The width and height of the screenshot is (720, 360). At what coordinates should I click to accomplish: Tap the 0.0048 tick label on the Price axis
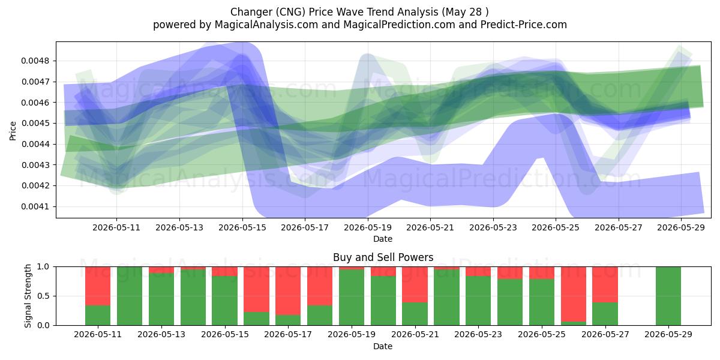pos(35,61)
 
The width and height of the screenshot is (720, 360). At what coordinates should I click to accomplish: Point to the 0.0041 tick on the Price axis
pos(35,206)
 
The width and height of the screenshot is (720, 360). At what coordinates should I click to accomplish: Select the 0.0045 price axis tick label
pos(35,123)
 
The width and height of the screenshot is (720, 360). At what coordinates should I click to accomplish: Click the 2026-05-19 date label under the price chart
pos(368,227)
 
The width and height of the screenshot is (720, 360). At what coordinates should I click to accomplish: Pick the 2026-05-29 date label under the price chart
pos(681,227)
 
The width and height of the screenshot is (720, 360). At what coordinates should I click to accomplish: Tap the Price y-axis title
pos(13,131)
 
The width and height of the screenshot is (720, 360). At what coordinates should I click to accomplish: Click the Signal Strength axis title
pos(28,296)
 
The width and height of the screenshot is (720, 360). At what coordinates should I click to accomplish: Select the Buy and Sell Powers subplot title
pos(383,257)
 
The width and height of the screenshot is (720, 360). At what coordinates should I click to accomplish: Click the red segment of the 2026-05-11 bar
pos(98,286)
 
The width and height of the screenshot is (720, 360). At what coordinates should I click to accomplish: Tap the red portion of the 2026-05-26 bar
pos(574,294)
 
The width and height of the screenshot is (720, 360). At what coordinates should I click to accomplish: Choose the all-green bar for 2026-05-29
pos(668,296)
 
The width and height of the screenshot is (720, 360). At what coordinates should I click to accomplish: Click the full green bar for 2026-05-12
pos(130,296)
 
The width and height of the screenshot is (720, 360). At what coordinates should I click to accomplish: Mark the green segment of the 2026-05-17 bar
pos(288,320)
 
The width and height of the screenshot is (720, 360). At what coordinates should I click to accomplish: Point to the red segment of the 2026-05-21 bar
pos(415,284)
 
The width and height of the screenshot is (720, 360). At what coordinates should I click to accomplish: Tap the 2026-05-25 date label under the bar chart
pos(542,334)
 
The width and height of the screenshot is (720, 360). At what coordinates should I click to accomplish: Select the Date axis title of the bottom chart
pos(383,346)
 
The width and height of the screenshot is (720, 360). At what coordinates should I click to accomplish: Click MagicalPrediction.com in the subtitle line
pos(399,25)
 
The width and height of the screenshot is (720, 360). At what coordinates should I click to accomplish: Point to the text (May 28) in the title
pos(465,12)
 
